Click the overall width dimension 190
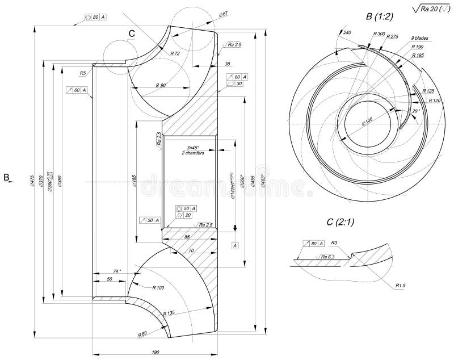click(x=155, y=353)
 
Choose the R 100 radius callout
click(x=158, y=288)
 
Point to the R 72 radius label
click(x=175, y=53)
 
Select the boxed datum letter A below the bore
click(x=234, y=245)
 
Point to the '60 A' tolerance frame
click(x=77, y=90)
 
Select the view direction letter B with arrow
click(x=7, y=178)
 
